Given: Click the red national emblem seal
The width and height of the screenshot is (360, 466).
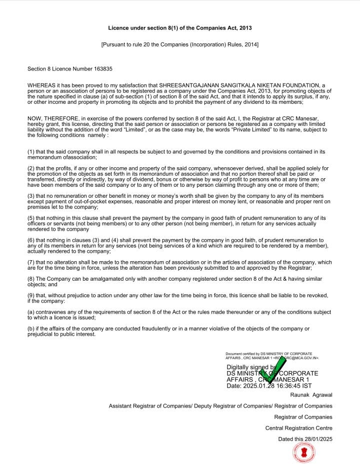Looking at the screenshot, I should tap(304, 453).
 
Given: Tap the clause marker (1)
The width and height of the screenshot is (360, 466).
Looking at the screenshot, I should tap(31, 151).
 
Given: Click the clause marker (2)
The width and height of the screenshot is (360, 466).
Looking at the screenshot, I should tap(31, 168).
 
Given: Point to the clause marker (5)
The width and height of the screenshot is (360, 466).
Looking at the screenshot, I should tap(31, 218).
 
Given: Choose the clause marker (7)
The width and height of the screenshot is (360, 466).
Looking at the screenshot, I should tap(31, 262).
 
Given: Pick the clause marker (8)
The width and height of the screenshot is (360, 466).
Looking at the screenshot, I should tap(31, 279).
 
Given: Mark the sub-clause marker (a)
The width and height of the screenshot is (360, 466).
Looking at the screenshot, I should tap(31, 312).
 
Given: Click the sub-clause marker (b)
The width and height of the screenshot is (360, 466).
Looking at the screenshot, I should tap(31, 329).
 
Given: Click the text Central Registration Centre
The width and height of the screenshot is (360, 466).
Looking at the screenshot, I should tap(298, 428).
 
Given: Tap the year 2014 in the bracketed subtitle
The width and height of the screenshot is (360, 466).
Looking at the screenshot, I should tap(249, 44).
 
